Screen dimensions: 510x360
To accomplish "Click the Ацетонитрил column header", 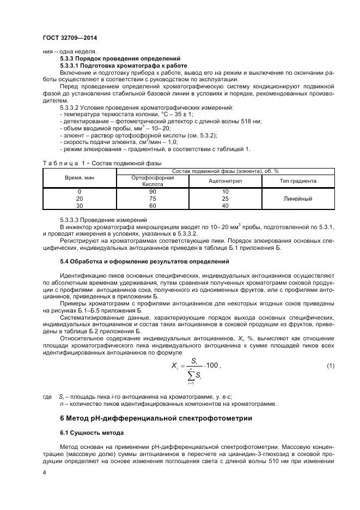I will coord(225,181).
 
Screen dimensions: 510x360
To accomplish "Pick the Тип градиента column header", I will coord(297,181).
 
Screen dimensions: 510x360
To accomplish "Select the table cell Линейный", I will coord(298,199).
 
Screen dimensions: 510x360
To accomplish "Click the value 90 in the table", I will coord(152,192).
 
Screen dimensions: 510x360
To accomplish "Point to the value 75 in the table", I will coord(152,199).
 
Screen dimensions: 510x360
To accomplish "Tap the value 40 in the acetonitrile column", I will coord(225,206).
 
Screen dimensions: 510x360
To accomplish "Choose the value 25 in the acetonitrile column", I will coord(225,199).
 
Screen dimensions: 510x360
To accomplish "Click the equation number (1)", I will coord(330,364).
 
